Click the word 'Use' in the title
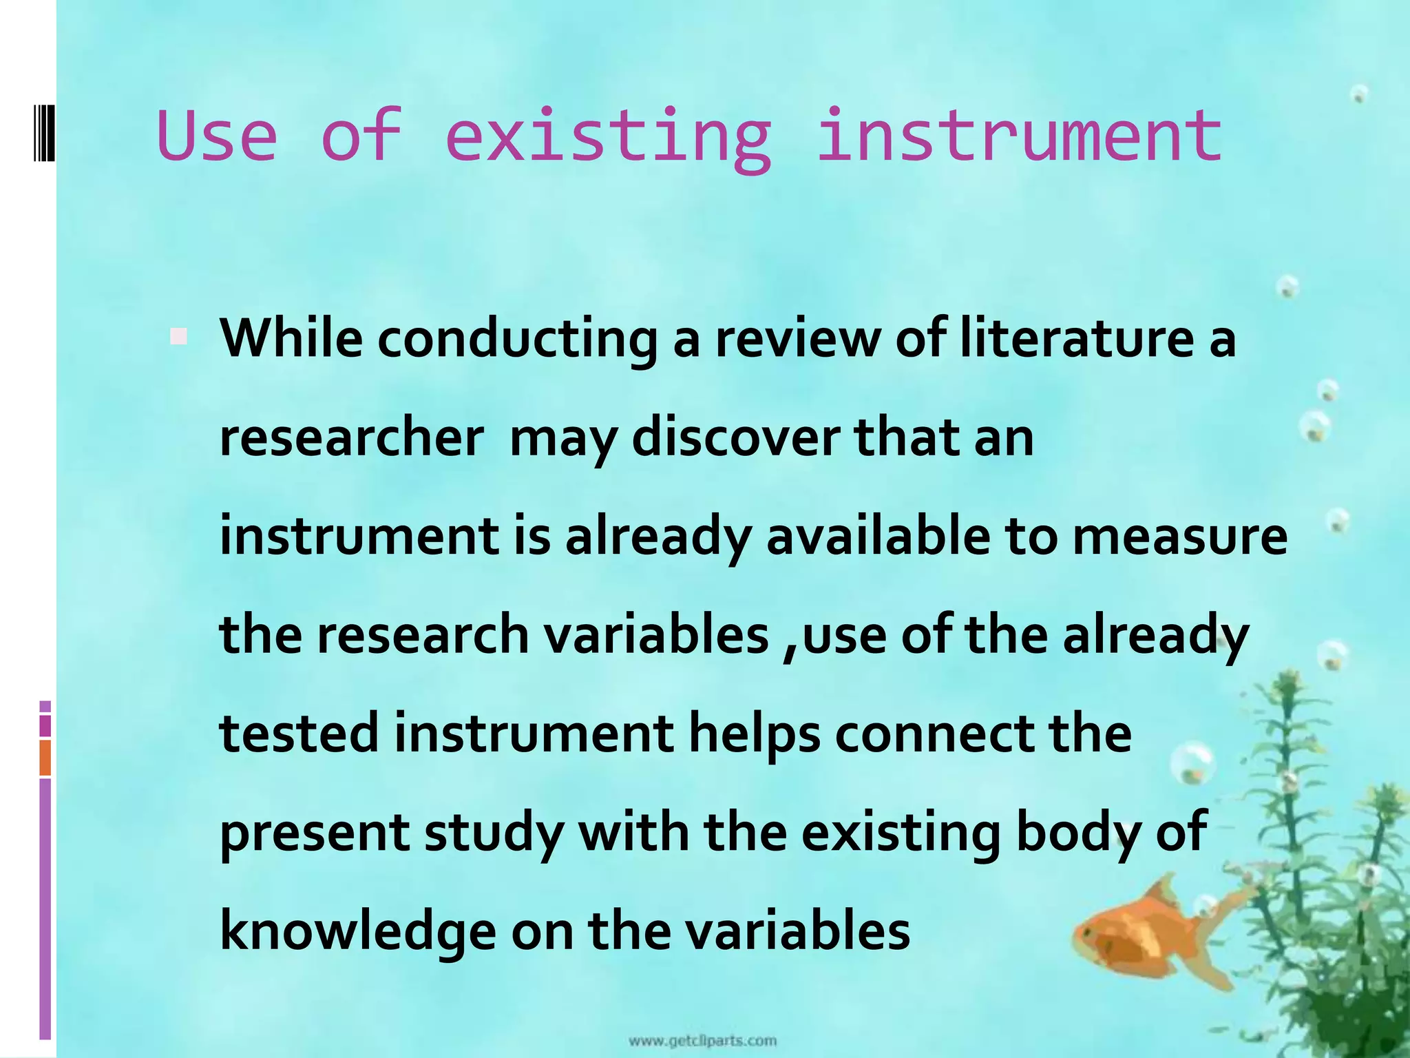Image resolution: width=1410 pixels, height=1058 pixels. pos(217,136)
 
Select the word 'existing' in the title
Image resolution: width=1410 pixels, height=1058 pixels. pos(608,138)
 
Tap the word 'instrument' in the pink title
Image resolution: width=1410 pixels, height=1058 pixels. pos(1019,136)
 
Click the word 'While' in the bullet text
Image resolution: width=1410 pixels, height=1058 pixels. pos(291,338)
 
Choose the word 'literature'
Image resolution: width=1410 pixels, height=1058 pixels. pos(1077,338)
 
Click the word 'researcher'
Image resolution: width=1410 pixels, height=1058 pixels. pos(351,438)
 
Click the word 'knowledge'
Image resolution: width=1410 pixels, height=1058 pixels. pos(357,932)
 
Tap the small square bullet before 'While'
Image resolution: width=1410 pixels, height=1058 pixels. pos(178,337)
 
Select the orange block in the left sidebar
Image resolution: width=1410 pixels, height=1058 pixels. pos(45,758)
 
